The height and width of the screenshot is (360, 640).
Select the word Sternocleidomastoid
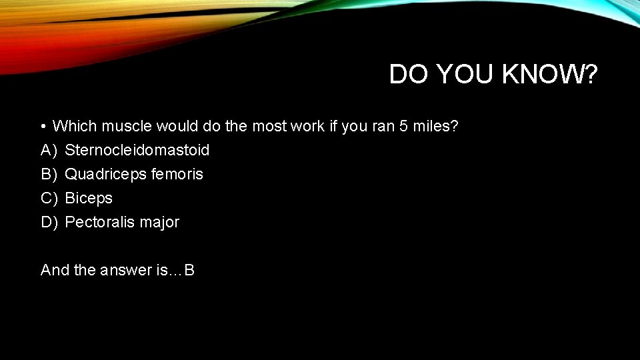pyautogui.click(x=137, y=150)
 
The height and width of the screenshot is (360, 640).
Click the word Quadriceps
pyautogui.click(x=105, y=174)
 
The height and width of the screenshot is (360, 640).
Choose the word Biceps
pyautogui.click(x=89, y=198)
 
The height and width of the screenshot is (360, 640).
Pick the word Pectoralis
pyautogui.click(x=100, y=222)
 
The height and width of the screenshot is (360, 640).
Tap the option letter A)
pyautogui.click(x=49, y=150)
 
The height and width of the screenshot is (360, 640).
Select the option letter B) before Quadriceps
pyautogui.click(x=49, y=174)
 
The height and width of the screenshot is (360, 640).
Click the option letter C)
pyautogui.click(x=49, y=198)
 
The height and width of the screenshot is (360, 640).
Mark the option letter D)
pyautogui.click(x=49, y=222)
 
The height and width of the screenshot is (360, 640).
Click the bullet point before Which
pyautogui.click(x=42, y=126)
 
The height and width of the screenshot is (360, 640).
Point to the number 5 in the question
pyautogui.click(x=403, y=126)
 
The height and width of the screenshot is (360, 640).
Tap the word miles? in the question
pyautogui.click(x=435, y=126)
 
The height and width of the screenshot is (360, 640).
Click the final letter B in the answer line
pyautogui.click(x=189, y=270)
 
